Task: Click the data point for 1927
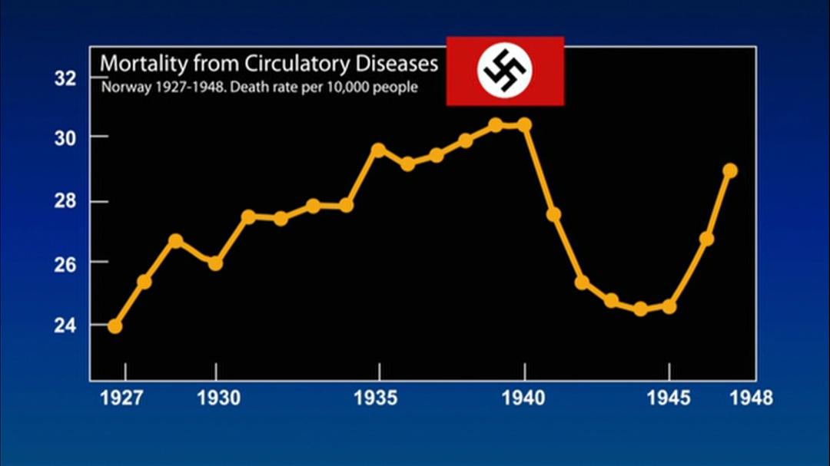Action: click(x=115, y=326)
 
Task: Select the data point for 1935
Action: click(x=378, y=150)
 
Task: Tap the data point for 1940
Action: click(x=525, y=124)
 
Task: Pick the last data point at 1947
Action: click(x=730, y=170)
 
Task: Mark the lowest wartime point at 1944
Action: click(x=641, y=309)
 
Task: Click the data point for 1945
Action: click(x=669, y=306)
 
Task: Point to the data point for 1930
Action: click(x=215, y=263)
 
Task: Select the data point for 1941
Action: click(x=553, y=214)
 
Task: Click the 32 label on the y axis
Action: click(x=66, y=78)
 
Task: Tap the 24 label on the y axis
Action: click(x=66, y=325)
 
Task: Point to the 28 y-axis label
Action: click(x=66, y=202)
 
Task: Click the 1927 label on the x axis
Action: click(x=123, y=398)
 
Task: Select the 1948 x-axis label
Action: click(x=750, y=398)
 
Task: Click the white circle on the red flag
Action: click(x=505, y=71)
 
